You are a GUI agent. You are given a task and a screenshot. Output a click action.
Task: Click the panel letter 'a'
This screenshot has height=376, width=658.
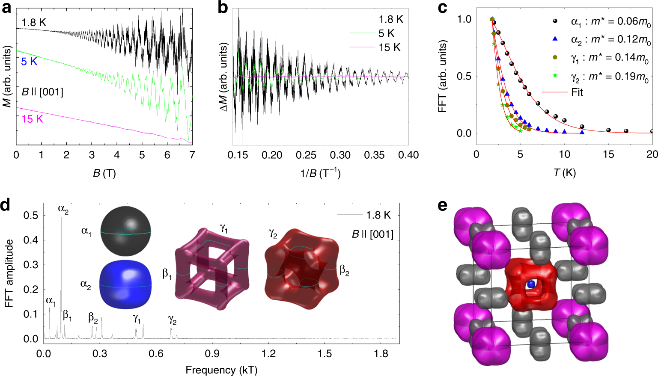pos(6,7)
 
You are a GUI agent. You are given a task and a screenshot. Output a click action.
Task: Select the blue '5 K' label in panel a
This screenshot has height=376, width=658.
pos(29,62)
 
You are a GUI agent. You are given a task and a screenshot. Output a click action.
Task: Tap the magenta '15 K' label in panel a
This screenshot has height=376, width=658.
pos(32,119)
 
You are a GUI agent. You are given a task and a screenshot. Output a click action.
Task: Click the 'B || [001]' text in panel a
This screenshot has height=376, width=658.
pos(42,92)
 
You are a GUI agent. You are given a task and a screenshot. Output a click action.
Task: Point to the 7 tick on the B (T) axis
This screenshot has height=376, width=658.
pos(192,155)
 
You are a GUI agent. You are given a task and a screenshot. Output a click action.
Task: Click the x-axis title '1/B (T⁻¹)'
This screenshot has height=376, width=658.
pos(320,173)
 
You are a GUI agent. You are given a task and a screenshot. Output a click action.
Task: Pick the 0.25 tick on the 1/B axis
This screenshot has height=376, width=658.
pos(306,155)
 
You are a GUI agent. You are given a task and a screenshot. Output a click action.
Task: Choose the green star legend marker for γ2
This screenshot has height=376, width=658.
pos(555,76)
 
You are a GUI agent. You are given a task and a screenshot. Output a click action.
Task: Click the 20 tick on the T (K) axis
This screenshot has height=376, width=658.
pos(652,154)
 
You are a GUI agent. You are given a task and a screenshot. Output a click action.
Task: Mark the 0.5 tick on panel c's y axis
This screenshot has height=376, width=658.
pos(464,76)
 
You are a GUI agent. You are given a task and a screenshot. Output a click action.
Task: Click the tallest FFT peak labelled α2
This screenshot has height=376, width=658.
pos(61,218)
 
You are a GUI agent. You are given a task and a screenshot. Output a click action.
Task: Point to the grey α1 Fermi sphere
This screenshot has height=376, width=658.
pos(126,231)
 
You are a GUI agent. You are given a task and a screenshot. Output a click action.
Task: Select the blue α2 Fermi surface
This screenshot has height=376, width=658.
pos(125,285)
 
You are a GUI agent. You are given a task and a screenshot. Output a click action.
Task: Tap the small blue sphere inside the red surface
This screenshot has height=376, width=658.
pos(531,284)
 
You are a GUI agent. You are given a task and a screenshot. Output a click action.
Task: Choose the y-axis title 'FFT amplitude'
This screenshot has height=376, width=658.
pos(9,274)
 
